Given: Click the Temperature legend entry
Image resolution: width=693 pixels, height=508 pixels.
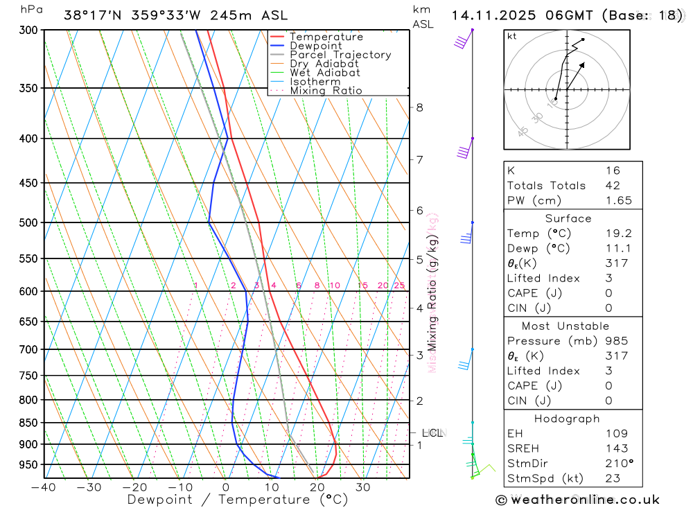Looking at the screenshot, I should (326, 37).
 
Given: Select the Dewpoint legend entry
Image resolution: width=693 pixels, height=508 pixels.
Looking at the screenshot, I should (315, 46).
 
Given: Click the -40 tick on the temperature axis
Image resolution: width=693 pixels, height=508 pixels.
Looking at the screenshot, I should (44, 487).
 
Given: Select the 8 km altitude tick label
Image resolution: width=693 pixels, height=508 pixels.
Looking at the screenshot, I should (419, 107).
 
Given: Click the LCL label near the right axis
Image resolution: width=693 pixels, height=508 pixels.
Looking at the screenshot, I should (432, 433).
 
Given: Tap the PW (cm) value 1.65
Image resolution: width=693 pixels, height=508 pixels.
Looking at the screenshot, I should (618, 200).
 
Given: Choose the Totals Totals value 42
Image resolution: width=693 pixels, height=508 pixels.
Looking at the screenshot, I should (613, 185).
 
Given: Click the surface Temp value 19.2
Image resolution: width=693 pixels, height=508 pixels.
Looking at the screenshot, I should (618, 234).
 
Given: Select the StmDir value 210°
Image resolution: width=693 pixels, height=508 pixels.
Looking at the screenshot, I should (618, 463).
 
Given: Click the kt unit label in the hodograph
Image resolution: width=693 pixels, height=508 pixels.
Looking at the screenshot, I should (511, 36).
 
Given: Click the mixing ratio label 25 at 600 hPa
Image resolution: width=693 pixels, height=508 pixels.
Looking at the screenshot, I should (399, 286).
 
